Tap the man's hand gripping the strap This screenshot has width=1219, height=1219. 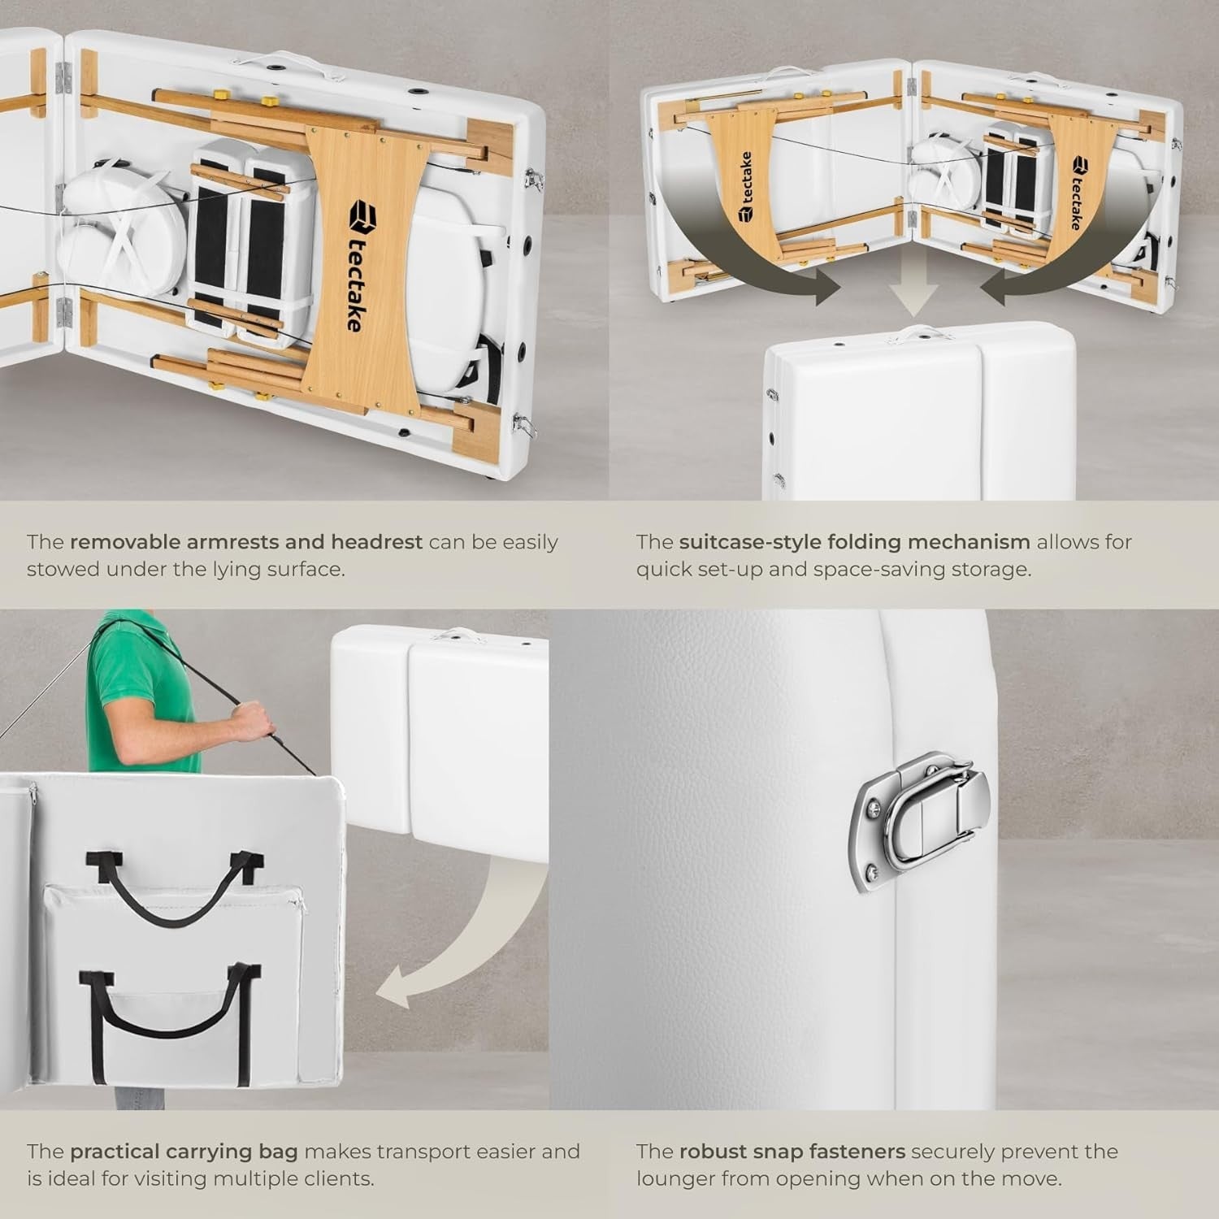[x=252, y=720]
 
